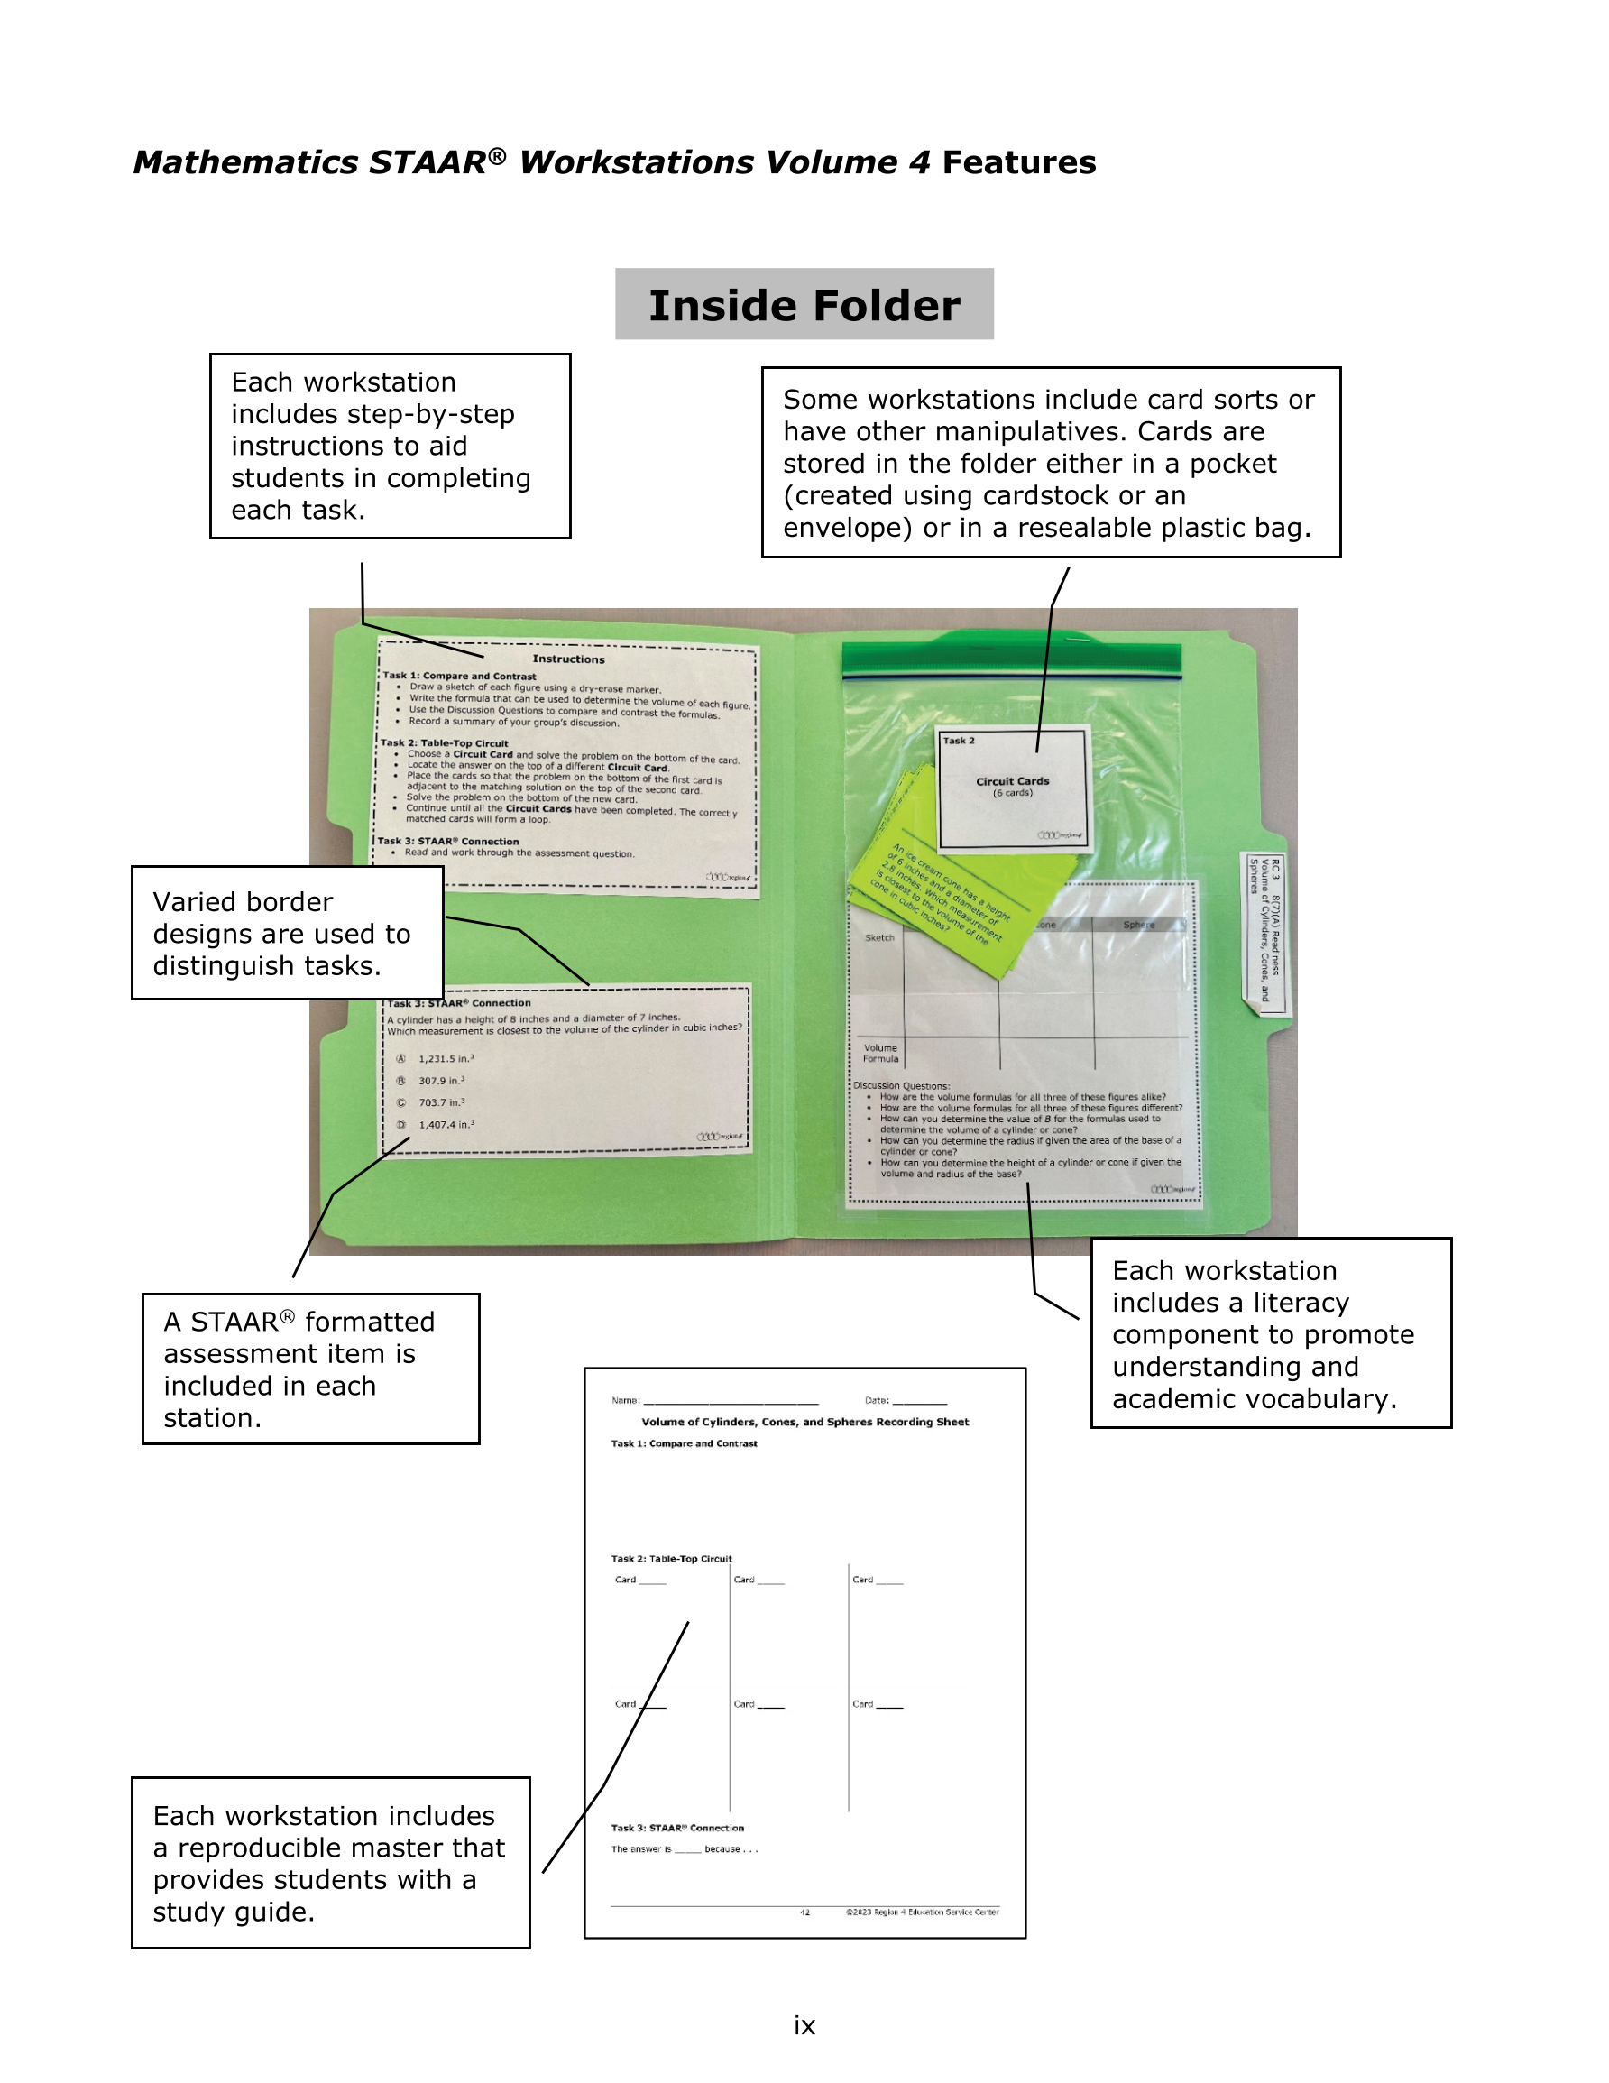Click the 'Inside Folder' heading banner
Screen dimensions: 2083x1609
[804, 304]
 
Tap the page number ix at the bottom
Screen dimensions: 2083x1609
[804, 2025]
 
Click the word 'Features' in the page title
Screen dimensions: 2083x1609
[1018, 162]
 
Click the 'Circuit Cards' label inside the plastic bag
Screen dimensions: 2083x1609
[1012, 781]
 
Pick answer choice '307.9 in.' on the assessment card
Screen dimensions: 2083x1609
[441, 1081]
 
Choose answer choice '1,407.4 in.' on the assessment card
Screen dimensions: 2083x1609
[446, 1124]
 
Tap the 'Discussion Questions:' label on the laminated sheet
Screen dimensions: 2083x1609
[901, 1085]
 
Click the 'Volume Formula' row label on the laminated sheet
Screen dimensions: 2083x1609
[880, 1053]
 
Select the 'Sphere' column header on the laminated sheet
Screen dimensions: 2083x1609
[1139, 924]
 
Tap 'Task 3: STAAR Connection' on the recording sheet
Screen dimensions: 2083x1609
[677, 1828]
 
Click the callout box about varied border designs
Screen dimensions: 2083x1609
[286, 933]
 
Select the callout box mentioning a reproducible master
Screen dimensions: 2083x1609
[330, 1863]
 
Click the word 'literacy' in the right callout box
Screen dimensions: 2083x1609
[1300, 1302]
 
